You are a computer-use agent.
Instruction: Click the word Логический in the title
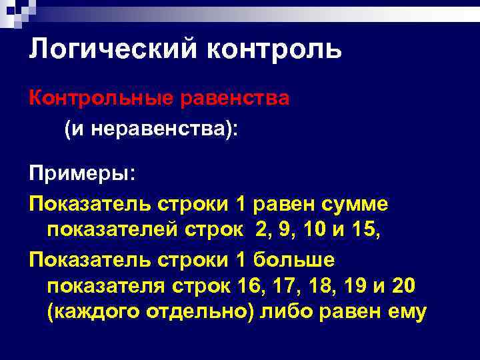click(x=113, y=50)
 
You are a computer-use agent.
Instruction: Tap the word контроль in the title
click(x=275, y=50)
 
